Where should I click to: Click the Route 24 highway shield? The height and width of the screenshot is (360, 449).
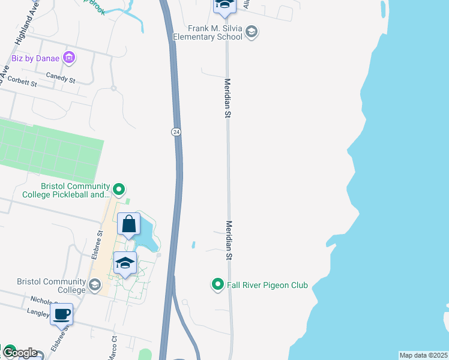coord(176,131)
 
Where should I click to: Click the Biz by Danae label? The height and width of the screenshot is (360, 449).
coord(35,58)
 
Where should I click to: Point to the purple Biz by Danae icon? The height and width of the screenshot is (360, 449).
coord(69,58)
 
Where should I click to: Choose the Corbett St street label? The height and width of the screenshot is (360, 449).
coord(22,83)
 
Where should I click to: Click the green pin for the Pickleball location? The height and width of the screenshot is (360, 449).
coord(119,190)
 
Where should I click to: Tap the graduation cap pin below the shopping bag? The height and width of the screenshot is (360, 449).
coord(125,263)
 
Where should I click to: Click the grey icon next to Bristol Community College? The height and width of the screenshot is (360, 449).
coord(94,285)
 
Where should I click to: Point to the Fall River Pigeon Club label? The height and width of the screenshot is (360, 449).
coord(267,285)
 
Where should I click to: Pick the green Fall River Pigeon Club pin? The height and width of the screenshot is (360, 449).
coord(218,284)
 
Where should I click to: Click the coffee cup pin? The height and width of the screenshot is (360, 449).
coord(62,314)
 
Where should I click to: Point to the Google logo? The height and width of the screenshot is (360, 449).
coord(20,353)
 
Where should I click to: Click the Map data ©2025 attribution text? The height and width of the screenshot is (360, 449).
coord(423,355)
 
